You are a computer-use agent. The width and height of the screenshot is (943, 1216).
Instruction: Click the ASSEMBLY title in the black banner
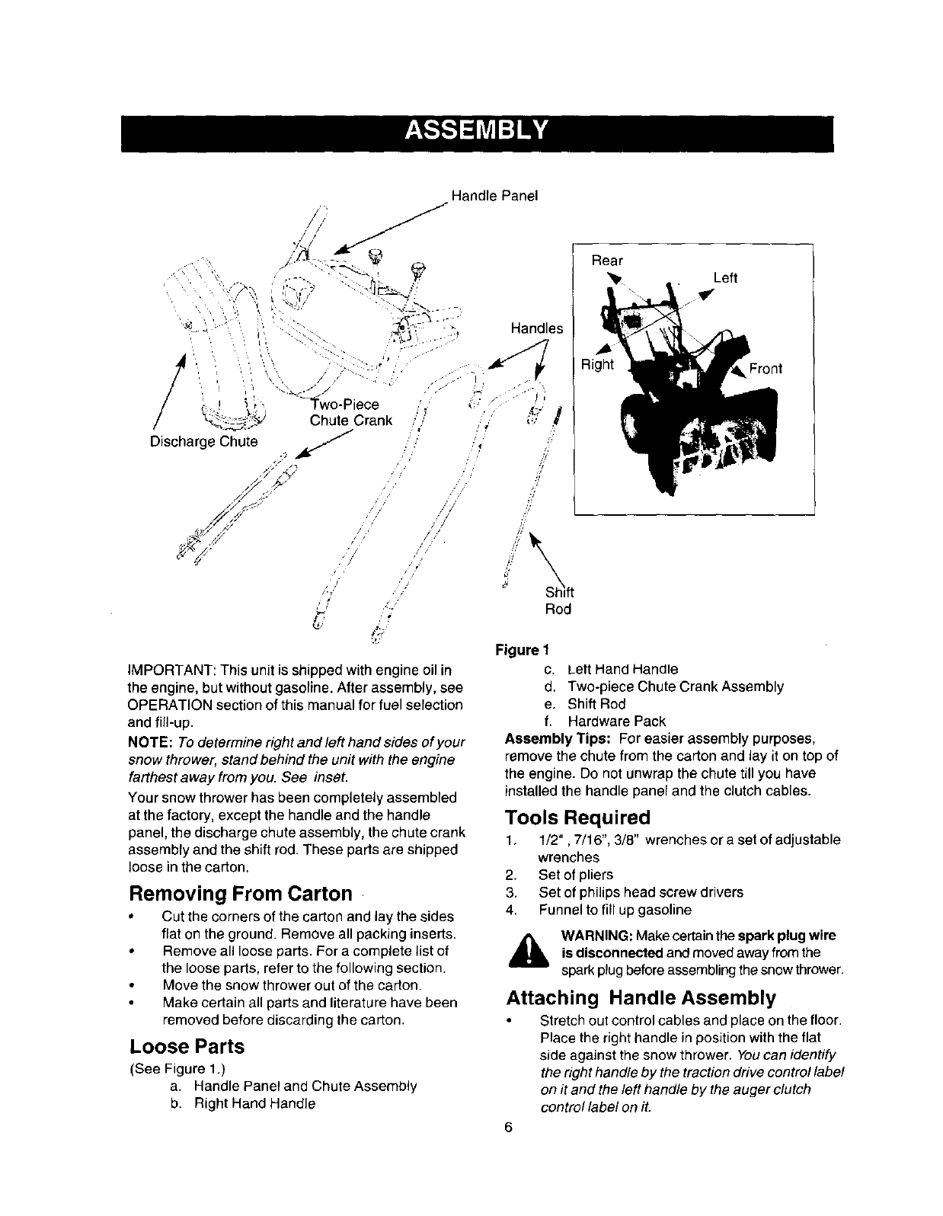click(x=476, y=131)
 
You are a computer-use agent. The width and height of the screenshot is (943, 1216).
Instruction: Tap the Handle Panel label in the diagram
click(x=494, y=196)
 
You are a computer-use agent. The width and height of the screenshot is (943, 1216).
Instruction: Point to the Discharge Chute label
click(x=203, y=441)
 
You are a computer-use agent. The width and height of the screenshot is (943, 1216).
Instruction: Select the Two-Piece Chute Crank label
click(x=350, y=412)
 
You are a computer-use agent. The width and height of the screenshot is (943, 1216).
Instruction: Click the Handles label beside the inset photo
click(x=536, y=328)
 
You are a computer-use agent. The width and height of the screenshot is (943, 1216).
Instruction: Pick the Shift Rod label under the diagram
click(x=558, y=601)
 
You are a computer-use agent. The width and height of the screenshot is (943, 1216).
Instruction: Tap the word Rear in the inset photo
click(x=607, y=261)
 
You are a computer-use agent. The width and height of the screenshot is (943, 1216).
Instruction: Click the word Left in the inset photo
click(x=725, y=278)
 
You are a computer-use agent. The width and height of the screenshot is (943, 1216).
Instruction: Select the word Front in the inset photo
click(x=766, y=370)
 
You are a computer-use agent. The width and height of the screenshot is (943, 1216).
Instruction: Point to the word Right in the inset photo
click(x=597, y=364)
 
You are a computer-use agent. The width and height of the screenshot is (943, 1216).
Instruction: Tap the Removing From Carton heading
click(x=241, y=893)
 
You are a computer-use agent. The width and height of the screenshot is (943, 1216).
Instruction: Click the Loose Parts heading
click(x=187, y=1046)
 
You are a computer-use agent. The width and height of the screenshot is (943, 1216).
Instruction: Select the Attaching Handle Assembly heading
click(x=641, y=998)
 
